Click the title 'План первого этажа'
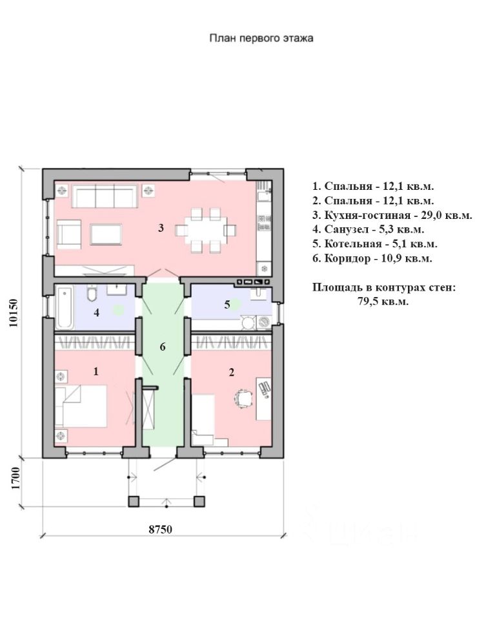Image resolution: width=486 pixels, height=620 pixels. (x=261, y=38)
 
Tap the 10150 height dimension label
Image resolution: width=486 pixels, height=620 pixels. (x=14, y=313)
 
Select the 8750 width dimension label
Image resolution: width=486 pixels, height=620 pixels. (x=161, y=529)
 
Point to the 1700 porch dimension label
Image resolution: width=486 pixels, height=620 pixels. (x=15, y=479)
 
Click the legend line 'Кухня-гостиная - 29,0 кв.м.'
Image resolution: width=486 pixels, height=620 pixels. (x=392, y=215)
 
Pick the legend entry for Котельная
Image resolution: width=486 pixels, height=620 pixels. (x=374, y=244)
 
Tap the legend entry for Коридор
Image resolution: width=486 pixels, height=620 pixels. (x=372, y=258)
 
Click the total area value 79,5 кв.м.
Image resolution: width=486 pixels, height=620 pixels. (x=383, y=302)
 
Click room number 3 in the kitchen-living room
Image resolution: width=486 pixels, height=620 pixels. (x=161, y=228)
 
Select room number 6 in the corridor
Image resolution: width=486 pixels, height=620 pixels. (x=163, y=347)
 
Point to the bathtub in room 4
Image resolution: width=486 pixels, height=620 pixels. (x=64, y=308)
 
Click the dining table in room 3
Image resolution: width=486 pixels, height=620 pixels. (x=205, y=230)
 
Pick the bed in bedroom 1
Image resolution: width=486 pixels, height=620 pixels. (x=81, y=406)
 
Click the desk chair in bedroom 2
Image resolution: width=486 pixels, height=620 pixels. (x=243, y=398)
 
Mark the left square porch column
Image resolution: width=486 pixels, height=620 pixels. (x=134, y=501)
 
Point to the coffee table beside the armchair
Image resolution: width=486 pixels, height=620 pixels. (x=105, y=234)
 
